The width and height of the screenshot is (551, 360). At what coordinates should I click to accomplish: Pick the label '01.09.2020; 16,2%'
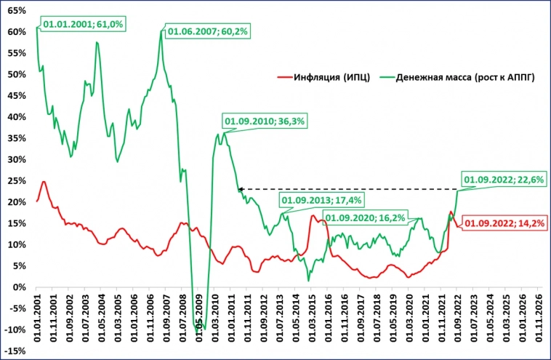click(x=364, y=217)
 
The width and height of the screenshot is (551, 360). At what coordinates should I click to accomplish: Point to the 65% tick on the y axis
click(x=17, y=12)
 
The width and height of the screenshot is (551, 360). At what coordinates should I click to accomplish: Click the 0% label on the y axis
click(x=20, y=287)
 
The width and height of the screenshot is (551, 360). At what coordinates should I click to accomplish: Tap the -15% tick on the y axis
click(x=15, y=351)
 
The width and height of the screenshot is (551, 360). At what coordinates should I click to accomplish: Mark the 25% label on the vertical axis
click(x=17, y=181)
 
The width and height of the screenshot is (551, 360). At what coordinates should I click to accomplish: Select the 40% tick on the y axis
click(x=17, y=117)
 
